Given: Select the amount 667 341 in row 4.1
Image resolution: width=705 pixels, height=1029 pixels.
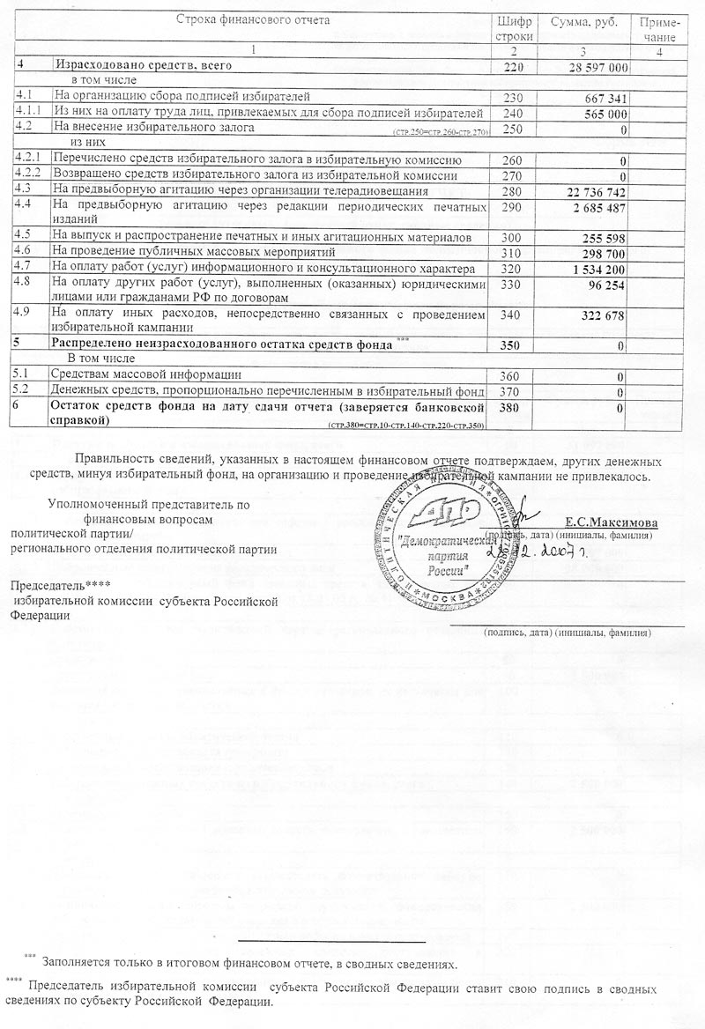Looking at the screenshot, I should [605, 98].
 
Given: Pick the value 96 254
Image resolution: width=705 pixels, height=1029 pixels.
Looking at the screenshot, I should [607, 286].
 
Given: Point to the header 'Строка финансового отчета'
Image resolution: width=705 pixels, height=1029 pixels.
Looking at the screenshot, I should [253, 19].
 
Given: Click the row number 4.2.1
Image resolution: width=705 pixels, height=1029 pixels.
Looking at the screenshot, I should [27, 159].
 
